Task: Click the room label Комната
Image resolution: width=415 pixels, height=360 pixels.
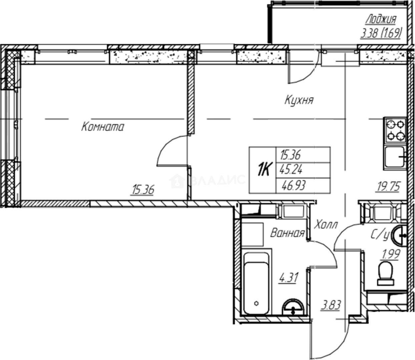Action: (x=103, y=127)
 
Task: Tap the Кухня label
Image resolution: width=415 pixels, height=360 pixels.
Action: (x=299, y=100)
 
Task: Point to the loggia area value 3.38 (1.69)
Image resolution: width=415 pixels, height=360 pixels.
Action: (x=380, y=33)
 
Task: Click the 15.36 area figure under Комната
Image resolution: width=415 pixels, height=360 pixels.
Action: (x=143, y=190)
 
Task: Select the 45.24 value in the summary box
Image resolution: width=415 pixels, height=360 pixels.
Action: (x=291, y=170)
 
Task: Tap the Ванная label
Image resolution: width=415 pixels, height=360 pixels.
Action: (x=287, y=233)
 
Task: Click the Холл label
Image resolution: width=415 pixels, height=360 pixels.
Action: (x=326, y=225)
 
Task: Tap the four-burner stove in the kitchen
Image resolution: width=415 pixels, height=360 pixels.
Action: (x=396, y=130)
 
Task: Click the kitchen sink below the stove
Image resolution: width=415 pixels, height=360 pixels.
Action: (x=395, y=158)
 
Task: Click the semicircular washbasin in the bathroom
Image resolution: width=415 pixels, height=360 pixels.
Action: (x=293, y=307)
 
